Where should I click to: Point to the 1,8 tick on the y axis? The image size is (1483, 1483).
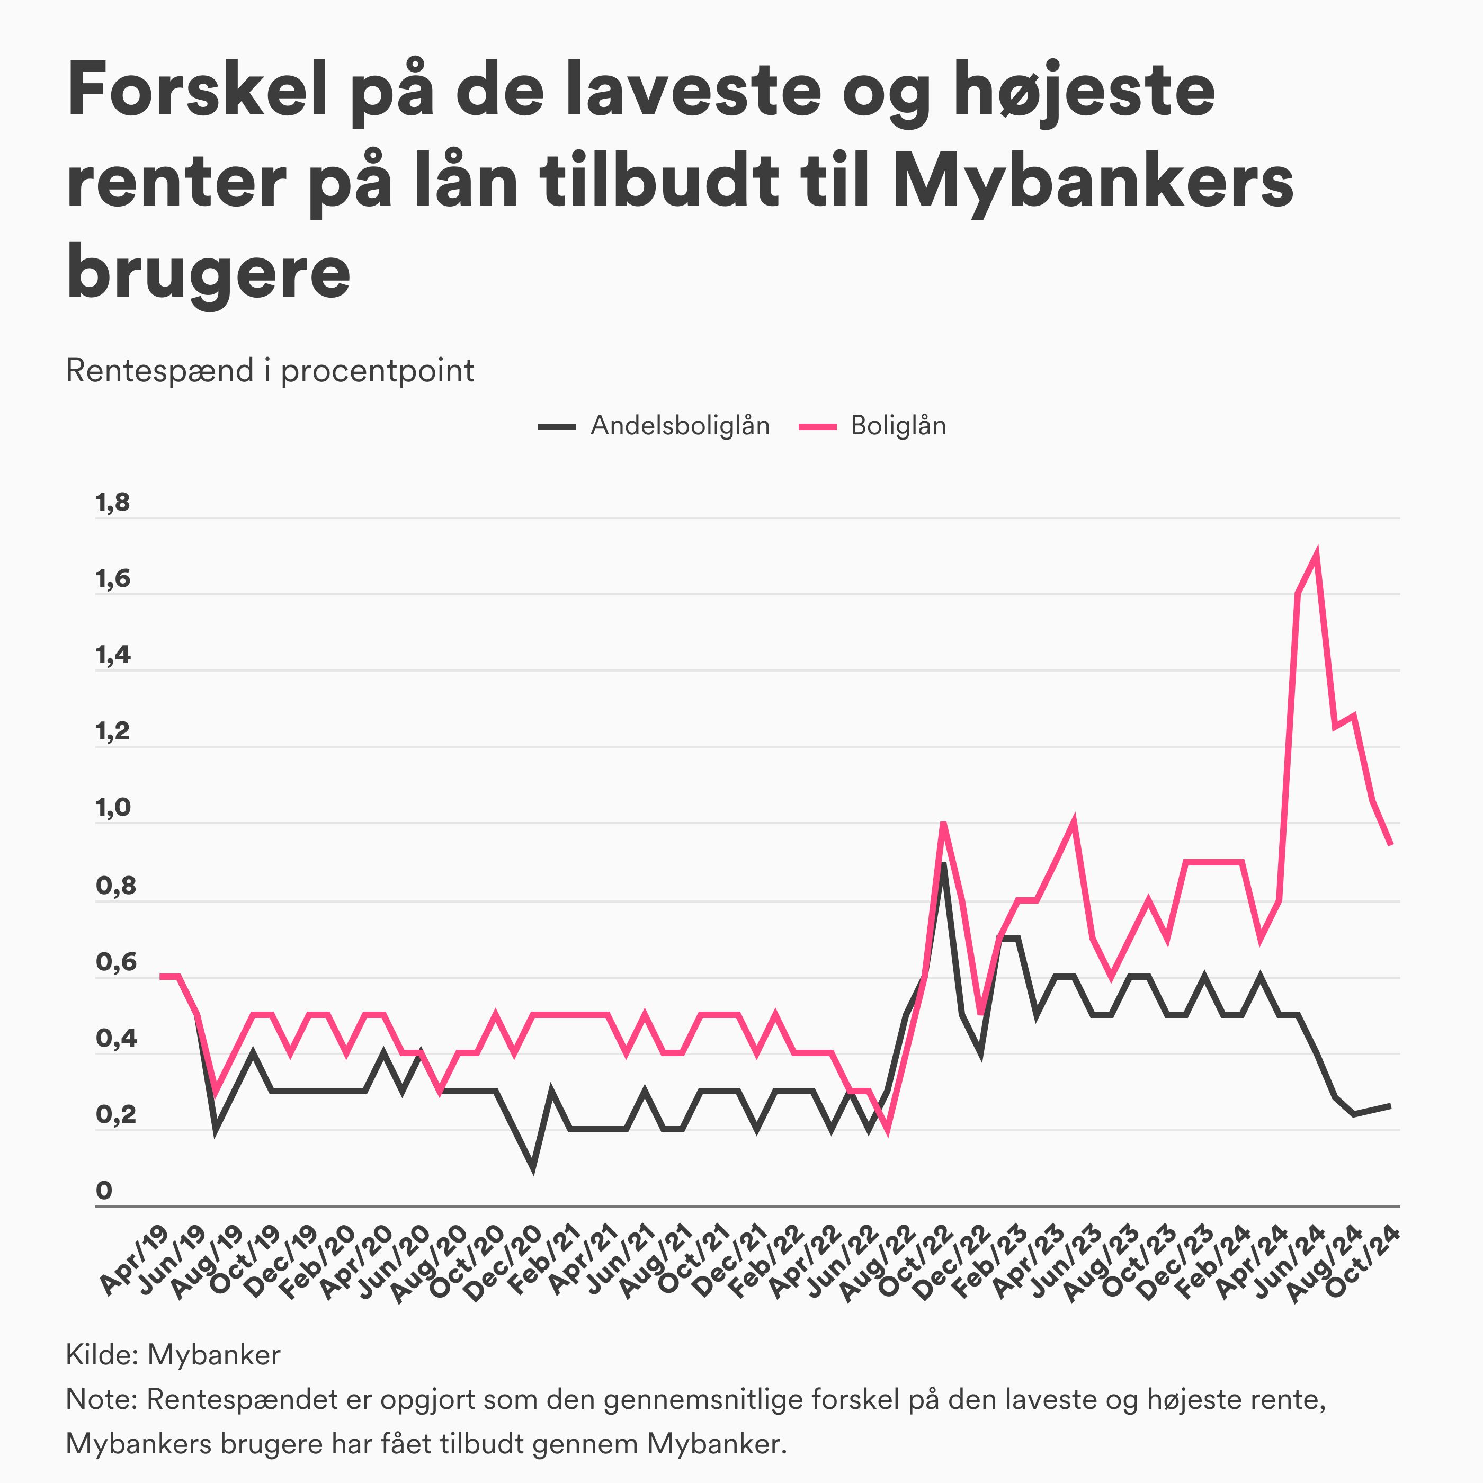[113, 504]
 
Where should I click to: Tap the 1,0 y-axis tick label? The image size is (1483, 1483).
[113, 808]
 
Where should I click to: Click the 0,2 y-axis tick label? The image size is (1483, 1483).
[115, 1114]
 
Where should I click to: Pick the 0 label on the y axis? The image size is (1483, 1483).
[104, 1191]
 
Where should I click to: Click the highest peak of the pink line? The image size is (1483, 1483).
[1317, 554]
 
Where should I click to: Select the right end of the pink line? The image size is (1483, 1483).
[1390, 844]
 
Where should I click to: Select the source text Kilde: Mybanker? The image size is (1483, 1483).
[174, 1355]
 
